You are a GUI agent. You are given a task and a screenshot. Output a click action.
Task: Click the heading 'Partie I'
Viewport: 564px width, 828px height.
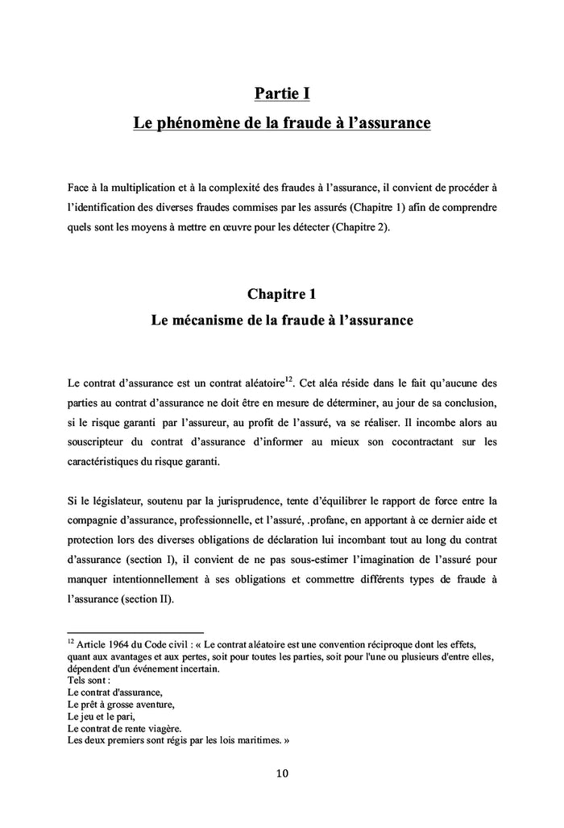pos(282,94)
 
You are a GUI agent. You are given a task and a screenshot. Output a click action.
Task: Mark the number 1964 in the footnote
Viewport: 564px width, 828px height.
pos(122,644)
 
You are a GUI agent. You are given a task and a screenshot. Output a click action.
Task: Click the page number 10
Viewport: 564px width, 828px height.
pos(282,774)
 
